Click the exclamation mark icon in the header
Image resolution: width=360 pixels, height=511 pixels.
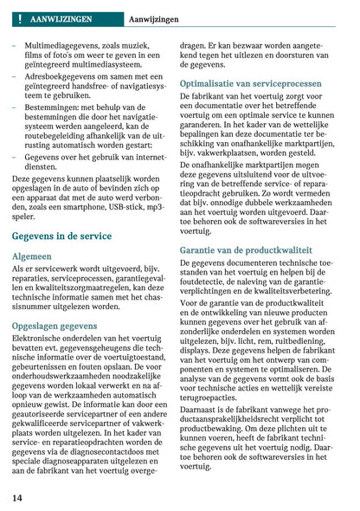click(x=18, y=17)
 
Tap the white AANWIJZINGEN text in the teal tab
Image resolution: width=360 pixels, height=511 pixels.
click(x=61, y=17)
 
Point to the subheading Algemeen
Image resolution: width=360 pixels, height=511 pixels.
click(x=32, y=256)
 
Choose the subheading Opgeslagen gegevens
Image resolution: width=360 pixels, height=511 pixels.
click(x=55, y=326)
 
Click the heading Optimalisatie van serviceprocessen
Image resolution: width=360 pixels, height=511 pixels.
click(x=251, y=83)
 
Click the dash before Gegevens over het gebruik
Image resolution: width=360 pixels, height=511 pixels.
click(x=15, y=158)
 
